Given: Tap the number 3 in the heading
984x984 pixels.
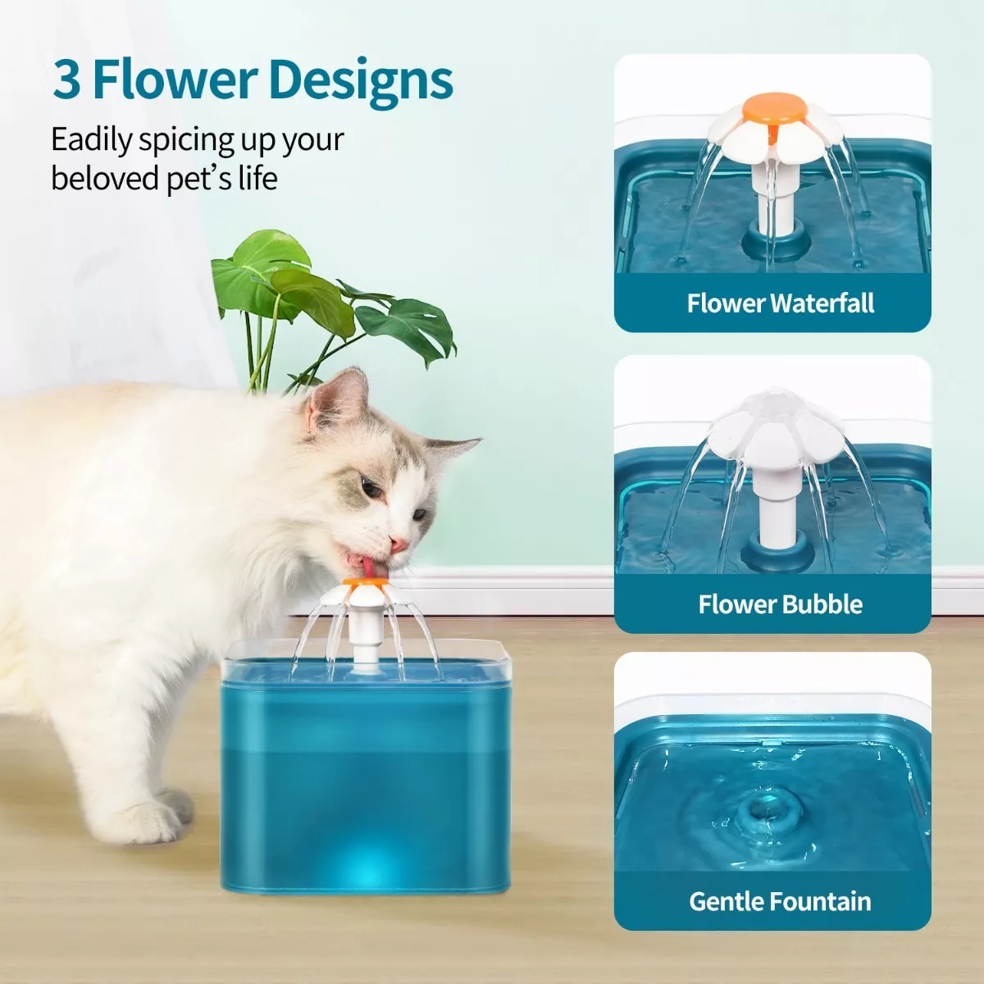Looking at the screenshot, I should (66, 80).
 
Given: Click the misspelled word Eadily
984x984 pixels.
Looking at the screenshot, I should (91, 140).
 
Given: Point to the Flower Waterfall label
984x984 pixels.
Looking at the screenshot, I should (780, 303).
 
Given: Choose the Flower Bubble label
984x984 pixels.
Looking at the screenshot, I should (780, 604).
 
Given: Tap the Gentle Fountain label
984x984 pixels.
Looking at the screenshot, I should (780, 901).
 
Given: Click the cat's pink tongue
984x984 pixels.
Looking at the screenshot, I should (370, 567).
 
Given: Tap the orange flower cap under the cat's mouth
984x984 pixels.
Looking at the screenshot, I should (366, 583).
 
